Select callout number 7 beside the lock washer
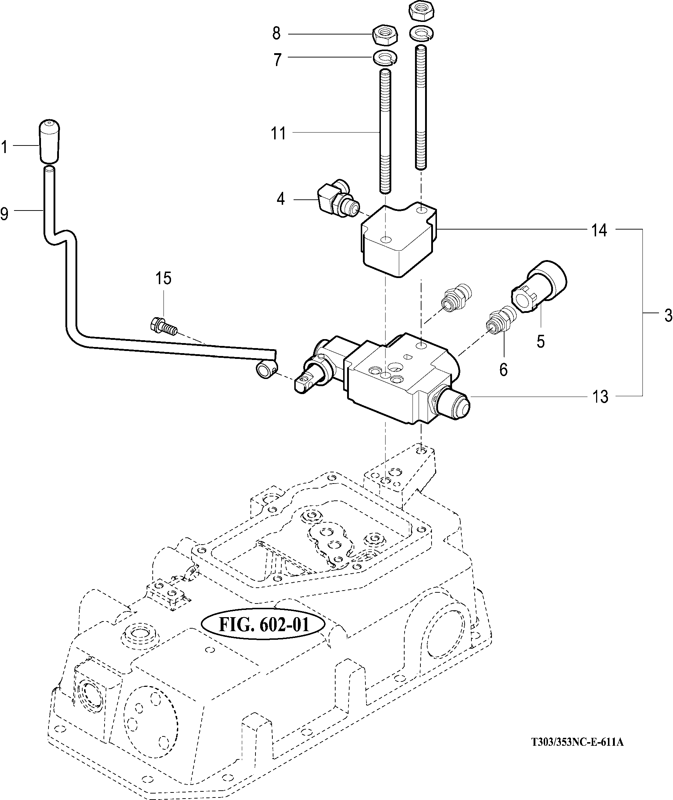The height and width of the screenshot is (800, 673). [277, 60]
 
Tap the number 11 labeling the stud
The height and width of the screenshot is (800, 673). [278, 134]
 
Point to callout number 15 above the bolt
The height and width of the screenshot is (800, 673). [163, 278]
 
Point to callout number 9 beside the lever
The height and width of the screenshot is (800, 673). [5, 214]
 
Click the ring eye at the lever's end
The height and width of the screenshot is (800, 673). [266, 370]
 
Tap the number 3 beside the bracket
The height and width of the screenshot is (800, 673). [668, 315]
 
